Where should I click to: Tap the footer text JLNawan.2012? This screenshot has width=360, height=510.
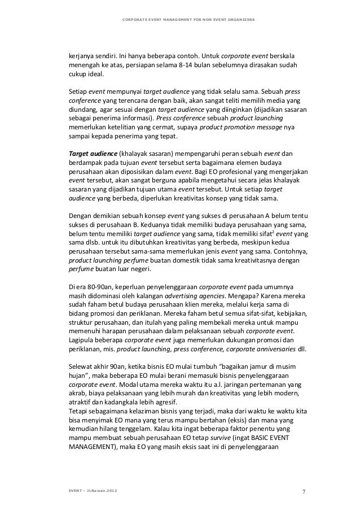click(101, 482)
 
